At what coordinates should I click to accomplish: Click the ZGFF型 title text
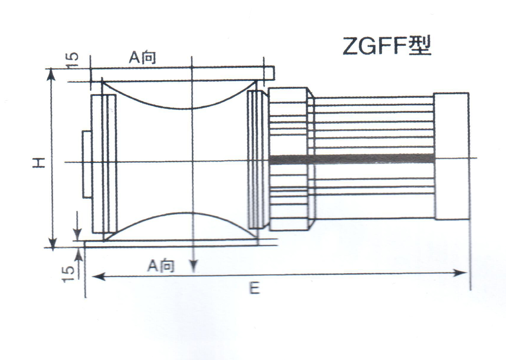pos(387,47)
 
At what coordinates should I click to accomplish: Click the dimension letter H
pos(39,162)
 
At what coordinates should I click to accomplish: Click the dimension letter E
pos(254,288)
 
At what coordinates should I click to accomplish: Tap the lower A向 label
pos(161,266)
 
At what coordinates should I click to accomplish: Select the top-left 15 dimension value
pos(72,60)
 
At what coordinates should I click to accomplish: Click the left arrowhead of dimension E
pos(98,277)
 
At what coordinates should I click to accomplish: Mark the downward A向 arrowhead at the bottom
pos(194,266)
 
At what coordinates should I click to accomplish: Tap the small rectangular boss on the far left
pos(87,164)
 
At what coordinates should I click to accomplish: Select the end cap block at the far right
pos(452,156)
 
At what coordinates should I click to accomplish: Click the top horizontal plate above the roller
pos(178,74)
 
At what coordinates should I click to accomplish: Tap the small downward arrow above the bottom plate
pos(78,234)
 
